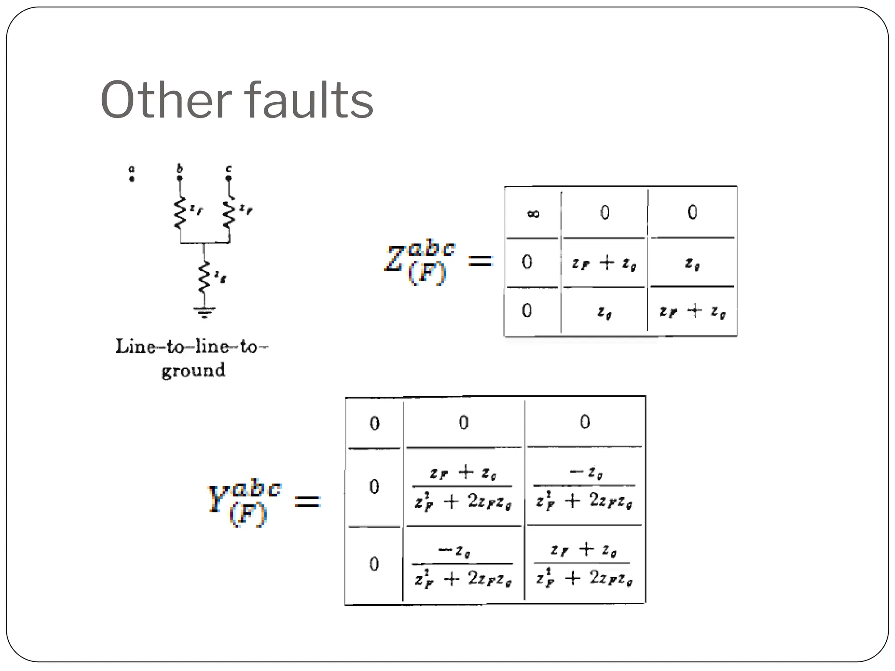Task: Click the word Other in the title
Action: coord(166,100)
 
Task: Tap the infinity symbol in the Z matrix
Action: coord(533,214)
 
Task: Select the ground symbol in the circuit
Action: coord(204,312)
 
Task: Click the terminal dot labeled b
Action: coord(180,178)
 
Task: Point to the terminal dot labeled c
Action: coord(228,178)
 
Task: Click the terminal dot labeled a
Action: coord(132,179)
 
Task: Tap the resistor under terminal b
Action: coord(180,213)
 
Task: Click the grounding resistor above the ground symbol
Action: coord(204,277)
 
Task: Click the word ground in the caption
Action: coord(193,371)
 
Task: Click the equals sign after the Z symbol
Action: coord(480,261)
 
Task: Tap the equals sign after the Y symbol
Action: coord(308,501)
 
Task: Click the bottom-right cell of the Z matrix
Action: coord(692,311)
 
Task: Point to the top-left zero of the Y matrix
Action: coord(375,423)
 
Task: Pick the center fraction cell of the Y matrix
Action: coord(463,487)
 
